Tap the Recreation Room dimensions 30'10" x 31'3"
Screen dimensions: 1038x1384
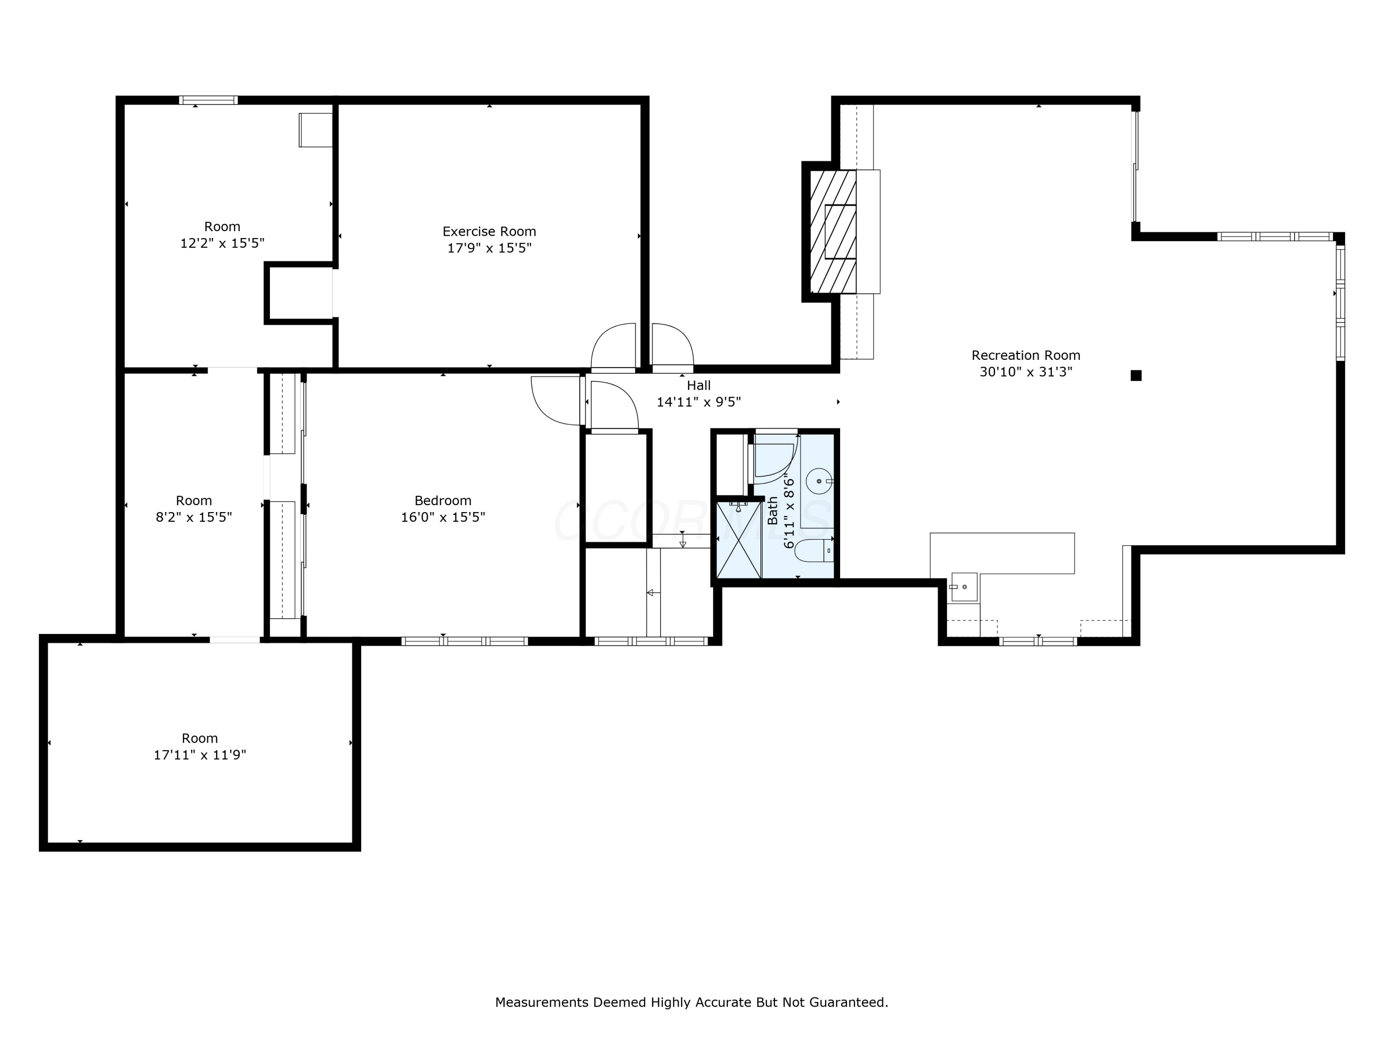[1026, 372]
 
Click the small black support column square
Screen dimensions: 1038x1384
[1136, 376]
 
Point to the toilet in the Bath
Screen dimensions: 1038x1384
[815, 550]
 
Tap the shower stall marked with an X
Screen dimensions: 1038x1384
[738, 540]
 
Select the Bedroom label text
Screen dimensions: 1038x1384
[443, 501]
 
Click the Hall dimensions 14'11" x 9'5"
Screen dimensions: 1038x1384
[698, 402]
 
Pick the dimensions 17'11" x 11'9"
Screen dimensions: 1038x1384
[200, 755]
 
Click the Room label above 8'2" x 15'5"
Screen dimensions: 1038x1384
[193, 501]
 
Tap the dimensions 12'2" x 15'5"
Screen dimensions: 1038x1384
[222, 243]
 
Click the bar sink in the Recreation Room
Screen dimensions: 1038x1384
[964, 587]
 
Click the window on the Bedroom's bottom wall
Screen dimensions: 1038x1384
[464, 641]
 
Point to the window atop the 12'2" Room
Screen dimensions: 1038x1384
[209, 100]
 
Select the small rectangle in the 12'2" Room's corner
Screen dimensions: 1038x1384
[316, 130]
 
